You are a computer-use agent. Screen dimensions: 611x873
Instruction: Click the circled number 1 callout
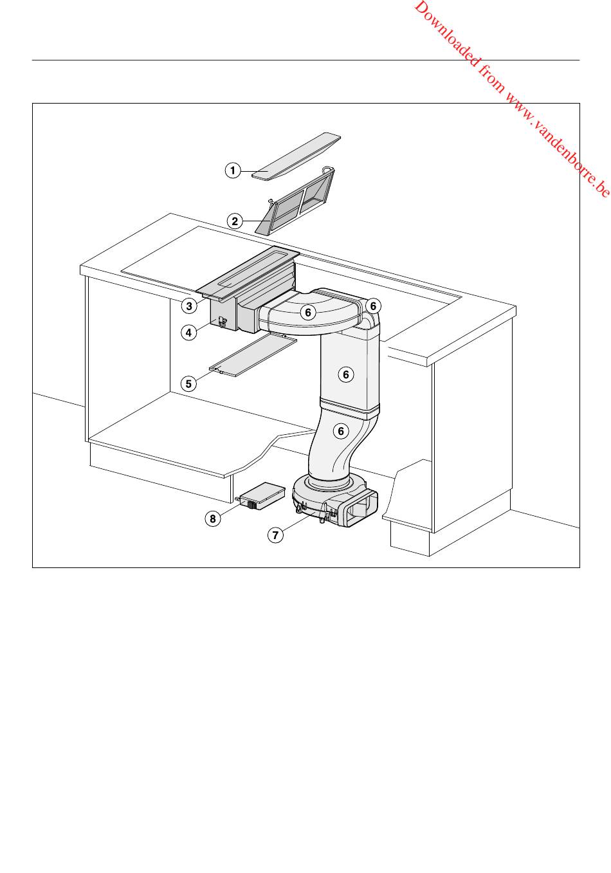pyautogui.click(x=233, y=170)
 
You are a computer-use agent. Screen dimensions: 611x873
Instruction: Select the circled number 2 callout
pyautogui.click(x=235, y=221)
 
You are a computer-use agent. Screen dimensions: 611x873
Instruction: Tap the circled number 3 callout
pyautogui.click(x=189, y=306)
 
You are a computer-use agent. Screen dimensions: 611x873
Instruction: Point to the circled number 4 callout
pyautogui.click(x=189, y=333)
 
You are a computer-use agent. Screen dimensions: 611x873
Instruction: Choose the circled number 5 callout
pyautogui.click(x=188, y=384)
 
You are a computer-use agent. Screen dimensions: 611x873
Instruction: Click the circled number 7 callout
pyautogui.click(x=275, y=535)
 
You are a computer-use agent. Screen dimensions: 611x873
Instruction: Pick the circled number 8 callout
pyautogui.click(x=213, y=519)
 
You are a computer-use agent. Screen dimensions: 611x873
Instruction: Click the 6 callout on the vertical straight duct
pyautogui.click(x=345, y=374)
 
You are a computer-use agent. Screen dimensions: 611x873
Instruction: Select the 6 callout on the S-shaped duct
pyautogui.click(x=341, y=430)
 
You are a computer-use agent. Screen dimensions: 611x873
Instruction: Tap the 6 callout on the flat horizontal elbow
pyautogui.click(x=308, y=312)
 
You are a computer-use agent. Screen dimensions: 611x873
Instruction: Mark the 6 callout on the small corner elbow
pyautogui.click(x=373, y=306)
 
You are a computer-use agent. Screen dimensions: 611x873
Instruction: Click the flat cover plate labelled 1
pyautogui.click(x=296, y=156)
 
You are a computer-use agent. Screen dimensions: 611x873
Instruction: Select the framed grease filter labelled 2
pyautogui.click(x=296, y=201)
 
